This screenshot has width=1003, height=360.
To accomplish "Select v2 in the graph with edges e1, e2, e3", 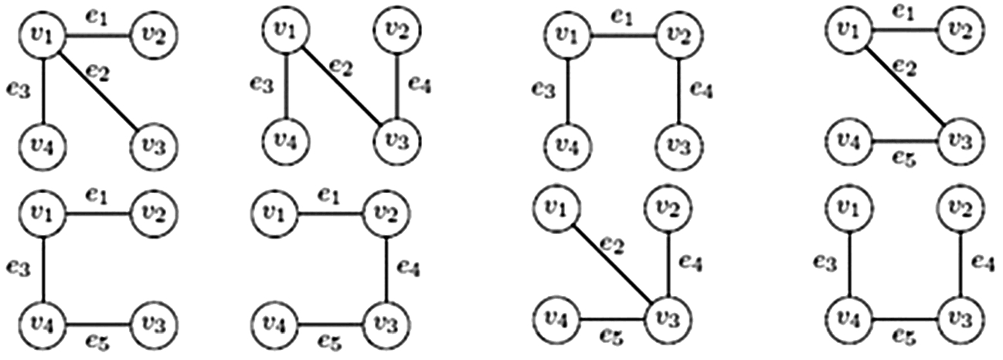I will click(154, 33).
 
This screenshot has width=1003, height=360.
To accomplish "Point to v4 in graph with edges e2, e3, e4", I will click(286, 144).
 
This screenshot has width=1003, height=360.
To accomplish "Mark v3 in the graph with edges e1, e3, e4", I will click(679, 144).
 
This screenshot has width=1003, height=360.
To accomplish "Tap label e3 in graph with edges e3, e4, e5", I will click(824, 263).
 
